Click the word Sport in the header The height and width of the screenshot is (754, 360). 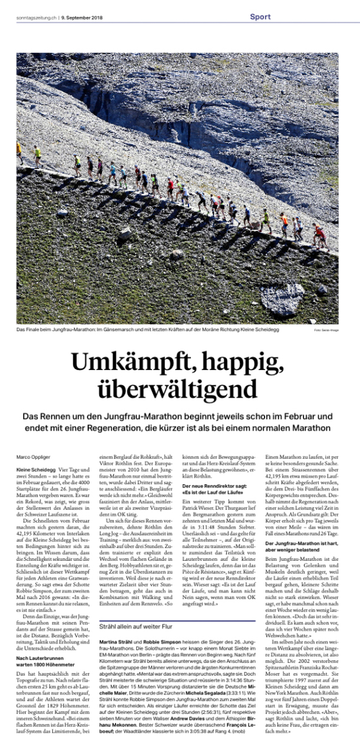[260, 17]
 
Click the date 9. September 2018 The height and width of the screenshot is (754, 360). [82, 18]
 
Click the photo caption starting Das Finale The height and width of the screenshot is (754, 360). [147, 329]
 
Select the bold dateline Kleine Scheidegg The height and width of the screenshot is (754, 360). [35, 469]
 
